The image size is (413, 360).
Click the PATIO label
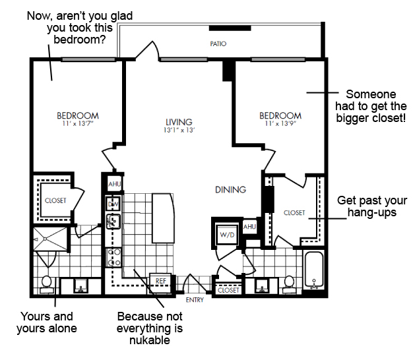click(218, 44)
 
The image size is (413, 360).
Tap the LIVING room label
click(179, 122)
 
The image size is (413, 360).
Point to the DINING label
click(230, 190)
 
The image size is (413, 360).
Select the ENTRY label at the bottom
click(195, 300)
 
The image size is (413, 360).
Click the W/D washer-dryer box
click(227, 234)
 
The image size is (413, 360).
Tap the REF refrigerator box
click(160, 283)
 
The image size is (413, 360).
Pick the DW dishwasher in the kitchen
click(113, 204)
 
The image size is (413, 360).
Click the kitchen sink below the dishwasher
click(113, 222)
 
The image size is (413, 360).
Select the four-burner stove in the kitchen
click(113, 257)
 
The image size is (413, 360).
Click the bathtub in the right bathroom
click(314, 270)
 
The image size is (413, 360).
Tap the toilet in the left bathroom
click(47, 285)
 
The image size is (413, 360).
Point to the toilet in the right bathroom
click(289, 285)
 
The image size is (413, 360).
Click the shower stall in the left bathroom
click(50, 239)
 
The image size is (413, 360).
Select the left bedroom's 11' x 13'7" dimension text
click(78, 123)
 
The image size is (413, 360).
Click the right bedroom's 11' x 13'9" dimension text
click(280, 123)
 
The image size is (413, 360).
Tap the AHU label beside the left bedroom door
click(115, 184)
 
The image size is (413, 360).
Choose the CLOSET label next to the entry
click(228, 290)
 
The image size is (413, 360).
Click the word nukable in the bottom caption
click(150, 340)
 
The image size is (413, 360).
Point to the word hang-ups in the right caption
click(372, 212)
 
